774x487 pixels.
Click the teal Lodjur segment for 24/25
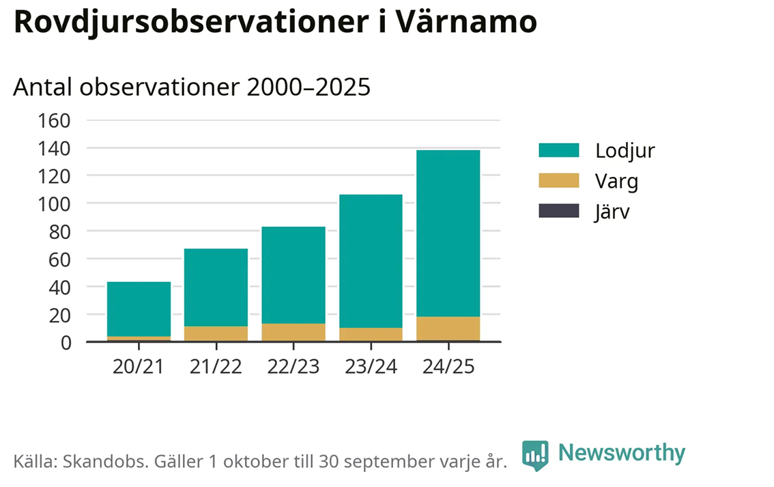click(x=448, y=233)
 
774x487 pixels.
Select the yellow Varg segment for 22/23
click(x=293, y=332)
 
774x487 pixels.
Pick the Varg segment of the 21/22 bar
click(x=216, y=333)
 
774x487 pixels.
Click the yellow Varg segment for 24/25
click(x=448, y=328)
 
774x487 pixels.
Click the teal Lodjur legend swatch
click(x=558, y=150)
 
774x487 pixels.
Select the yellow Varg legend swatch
click(x=558, y=181)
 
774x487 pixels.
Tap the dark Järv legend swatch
click(x=558, y=211)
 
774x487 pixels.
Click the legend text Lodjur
click(x=625, y=150)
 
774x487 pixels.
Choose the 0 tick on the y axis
click(x=66, y=343)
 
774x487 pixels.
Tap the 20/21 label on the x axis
click(x=139, y=367)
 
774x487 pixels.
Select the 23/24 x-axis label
click(x=371, y=367)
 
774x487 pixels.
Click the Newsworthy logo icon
click(x=535, y=455)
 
